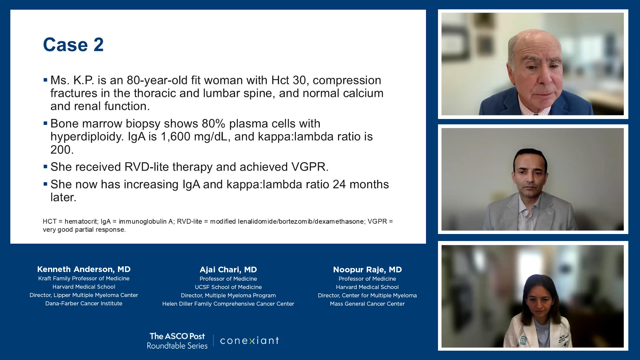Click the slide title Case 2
[73, 45]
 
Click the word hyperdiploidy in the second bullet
[87, 137]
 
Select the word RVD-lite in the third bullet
[147, 167]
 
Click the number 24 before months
[339, 184]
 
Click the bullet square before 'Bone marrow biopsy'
[45, 123]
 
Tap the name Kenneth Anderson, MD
[84, 269]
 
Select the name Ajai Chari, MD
[228, 269]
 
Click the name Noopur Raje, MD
[367, 269]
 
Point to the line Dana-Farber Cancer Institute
[84, 303]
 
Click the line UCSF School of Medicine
[228, 287]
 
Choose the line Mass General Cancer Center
[367, 304]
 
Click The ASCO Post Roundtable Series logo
[177, 341]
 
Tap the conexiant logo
[249, 341]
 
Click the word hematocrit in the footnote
[81, 221]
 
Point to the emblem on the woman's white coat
[523, 340]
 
